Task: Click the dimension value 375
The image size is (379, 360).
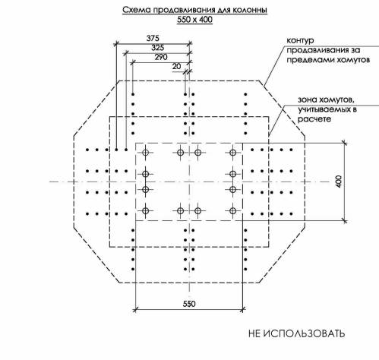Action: [x=153, y=38]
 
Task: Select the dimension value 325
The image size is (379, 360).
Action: [x=158, y=47]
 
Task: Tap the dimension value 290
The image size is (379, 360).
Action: [x=161, y=57]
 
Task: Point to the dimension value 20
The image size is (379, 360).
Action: [x=176, y=66]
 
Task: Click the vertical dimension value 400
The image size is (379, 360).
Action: [x=340, y=182]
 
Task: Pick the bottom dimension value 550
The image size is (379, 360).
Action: [x=189, y=304]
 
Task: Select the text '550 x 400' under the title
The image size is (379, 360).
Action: [x=194, y=20]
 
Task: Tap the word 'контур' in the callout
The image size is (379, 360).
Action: [x=300, y=40]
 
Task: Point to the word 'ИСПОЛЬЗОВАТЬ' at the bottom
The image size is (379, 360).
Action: [x=303, y=333]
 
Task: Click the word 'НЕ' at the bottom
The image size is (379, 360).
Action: [x=254, y=333]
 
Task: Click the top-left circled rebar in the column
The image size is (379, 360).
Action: [x=145, y=153]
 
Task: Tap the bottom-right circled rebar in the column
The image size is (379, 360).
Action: [x=232, y=210]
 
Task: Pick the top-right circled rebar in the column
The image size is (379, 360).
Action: [x=232, y=153]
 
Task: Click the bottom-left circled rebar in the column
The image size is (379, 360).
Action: [x=145, y=210]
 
